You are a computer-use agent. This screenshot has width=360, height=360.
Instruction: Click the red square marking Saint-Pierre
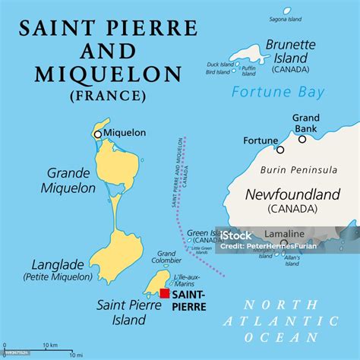165,293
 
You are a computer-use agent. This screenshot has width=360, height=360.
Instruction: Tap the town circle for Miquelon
97,134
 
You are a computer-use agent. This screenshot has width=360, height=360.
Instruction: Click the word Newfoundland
292,195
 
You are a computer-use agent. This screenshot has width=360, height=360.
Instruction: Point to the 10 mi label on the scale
76,355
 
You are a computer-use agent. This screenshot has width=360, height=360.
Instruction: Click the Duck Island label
220,65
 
